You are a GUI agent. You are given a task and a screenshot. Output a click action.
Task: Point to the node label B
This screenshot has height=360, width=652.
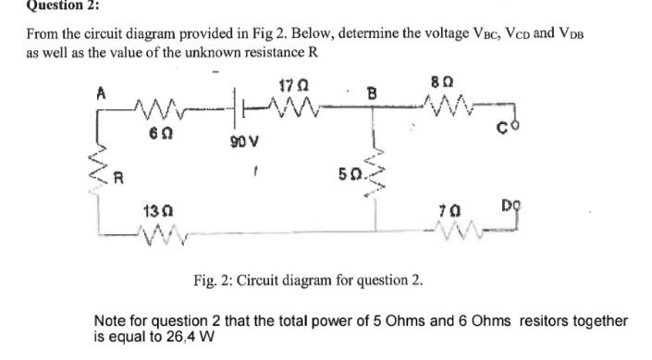(x=371, y=93)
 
